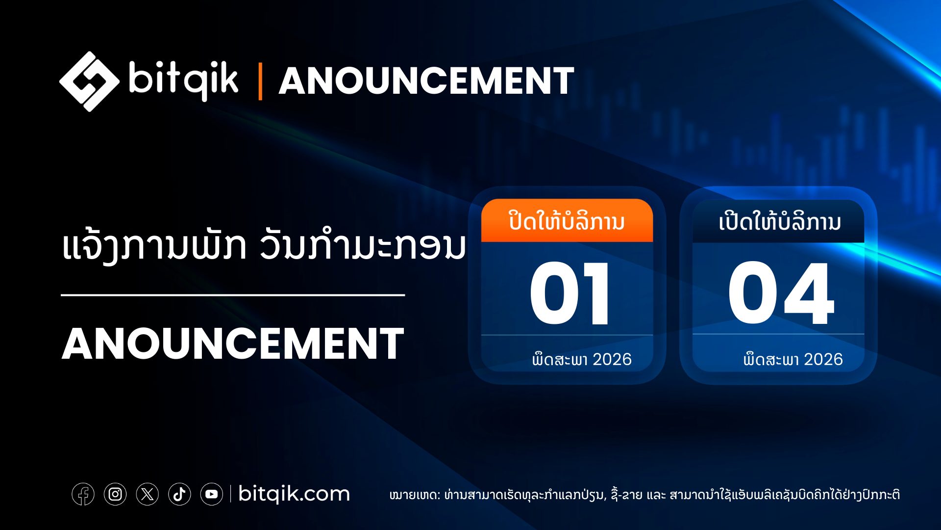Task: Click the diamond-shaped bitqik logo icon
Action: pos(89,81)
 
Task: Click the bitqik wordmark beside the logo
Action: pos(184,79)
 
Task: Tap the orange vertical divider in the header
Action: pos(260,81)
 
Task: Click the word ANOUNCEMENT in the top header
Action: pos(426,81)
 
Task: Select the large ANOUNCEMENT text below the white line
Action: pos(233,344)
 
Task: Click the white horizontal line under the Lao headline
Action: pos(233,295)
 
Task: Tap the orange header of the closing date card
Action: pos(567,221)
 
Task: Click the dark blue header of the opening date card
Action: pos(779,221)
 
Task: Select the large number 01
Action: pos(570,293)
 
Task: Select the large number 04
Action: pos(781,293)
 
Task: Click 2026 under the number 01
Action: pos(612,359)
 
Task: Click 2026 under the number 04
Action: pos(823,359)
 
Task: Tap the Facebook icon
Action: pos(83,494)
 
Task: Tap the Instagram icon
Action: pos(115,494)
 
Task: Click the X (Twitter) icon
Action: pos(148,494)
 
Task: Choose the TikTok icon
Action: pos(179,494)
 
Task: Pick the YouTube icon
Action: pos(212,494)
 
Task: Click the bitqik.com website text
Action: pos(294,494)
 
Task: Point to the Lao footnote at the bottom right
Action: pos(644,494)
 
